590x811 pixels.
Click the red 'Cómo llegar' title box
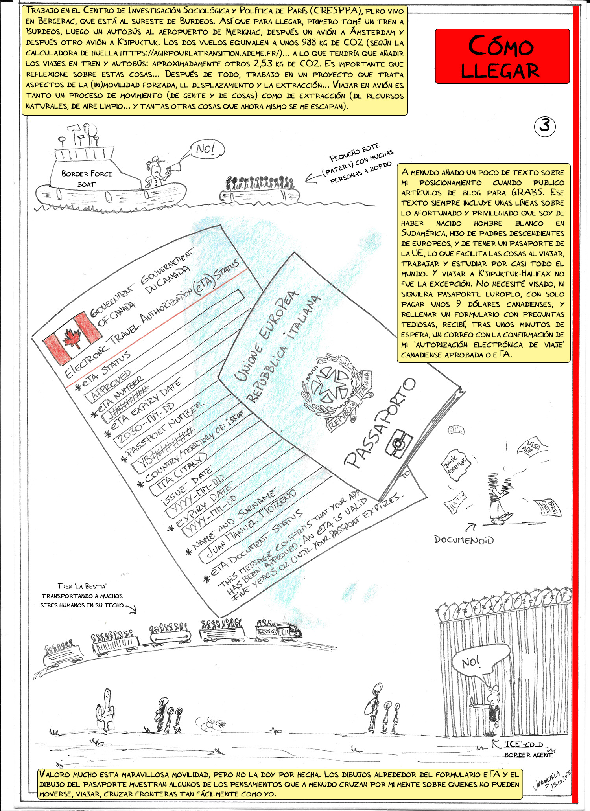coord(502,56)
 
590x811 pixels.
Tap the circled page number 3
coord(545,126)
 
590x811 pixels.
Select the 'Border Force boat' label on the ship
coord(87,178)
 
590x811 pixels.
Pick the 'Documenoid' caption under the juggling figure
coord(464,539)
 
